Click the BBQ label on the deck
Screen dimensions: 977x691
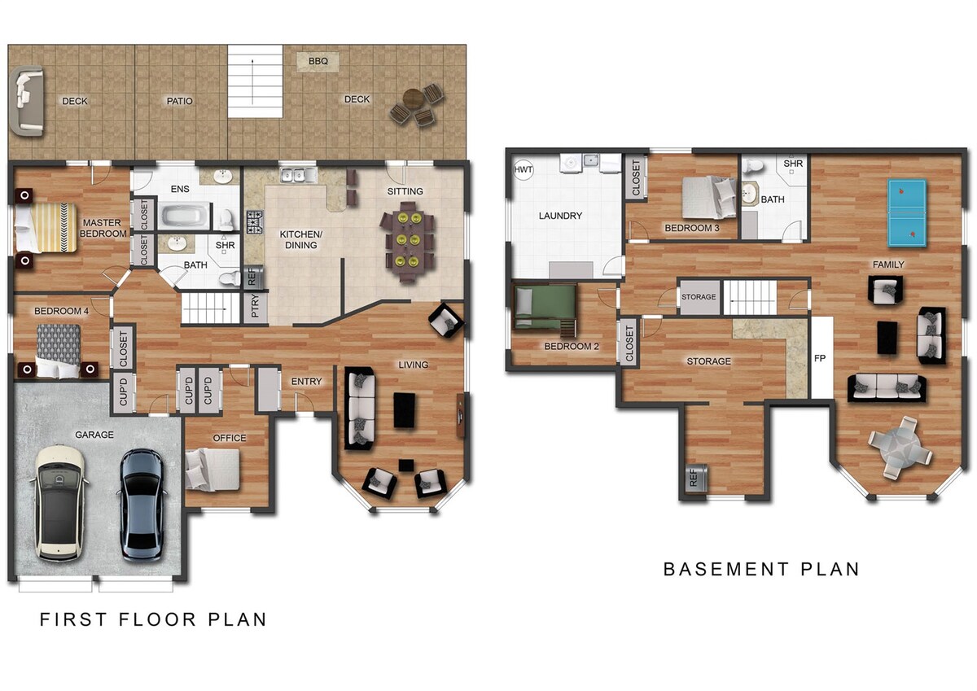point(318,61)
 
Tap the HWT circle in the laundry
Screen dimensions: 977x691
point(523,169)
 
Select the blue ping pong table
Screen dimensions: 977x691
point(907,213)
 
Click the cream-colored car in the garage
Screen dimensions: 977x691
point(59,503)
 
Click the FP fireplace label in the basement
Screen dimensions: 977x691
point(820,358)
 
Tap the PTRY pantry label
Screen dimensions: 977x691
point(255,305)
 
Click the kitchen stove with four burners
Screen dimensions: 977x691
point(255,222)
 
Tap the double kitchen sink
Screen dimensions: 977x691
point(299,175)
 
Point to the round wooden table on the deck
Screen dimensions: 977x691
point(413,97)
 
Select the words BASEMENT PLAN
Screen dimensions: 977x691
point(761,570)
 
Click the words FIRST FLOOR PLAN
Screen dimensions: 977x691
point(153,619)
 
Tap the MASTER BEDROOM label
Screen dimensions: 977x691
point(103,228)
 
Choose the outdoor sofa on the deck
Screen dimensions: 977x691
point(27,101)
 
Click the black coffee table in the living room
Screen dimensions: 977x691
point(404,411)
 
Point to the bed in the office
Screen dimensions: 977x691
point(212,470)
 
